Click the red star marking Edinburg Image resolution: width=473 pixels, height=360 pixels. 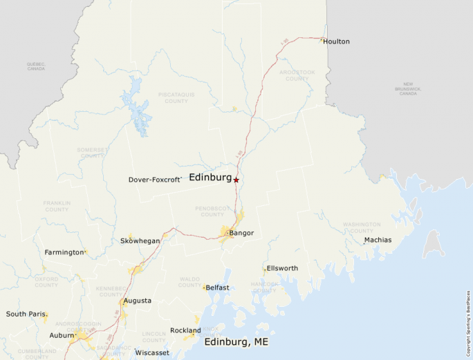tap(236, 180)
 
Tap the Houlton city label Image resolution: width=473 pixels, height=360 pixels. tap(336, 41)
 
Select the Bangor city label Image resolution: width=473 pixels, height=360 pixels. tap(241, 233)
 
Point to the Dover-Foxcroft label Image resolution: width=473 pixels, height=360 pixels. tap(154, 180)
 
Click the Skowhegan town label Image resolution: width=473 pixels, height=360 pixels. tap(140, 241)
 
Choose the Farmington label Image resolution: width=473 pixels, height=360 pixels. tap(64, 252)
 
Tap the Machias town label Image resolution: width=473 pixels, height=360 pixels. tap(378, 240)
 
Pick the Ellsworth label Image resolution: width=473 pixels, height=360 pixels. tap(282, 268)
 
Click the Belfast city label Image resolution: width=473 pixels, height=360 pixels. tap(217, 287)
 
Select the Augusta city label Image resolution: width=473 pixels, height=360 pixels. tap(137, 301)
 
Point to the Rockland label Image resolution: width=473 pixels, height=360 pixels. tap(185, 330)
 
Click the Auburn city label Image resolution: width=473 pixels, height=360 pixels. tap(62, 335)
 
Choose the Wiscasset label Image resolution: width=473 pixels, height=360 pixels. tap(152, 352)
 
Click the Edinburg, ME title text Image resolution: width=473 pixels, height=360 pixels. tap(236, 341)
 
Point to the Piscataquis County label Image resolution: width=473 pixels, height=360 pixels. tap(176, 97)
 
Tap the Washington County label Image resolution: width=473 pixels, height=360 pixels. tap(362, 227)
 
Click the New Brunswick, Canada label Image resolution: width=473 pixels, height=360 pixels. tap(408, 88)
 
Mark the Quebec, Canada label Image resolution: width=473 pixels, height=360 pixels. tap(36, 66)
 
